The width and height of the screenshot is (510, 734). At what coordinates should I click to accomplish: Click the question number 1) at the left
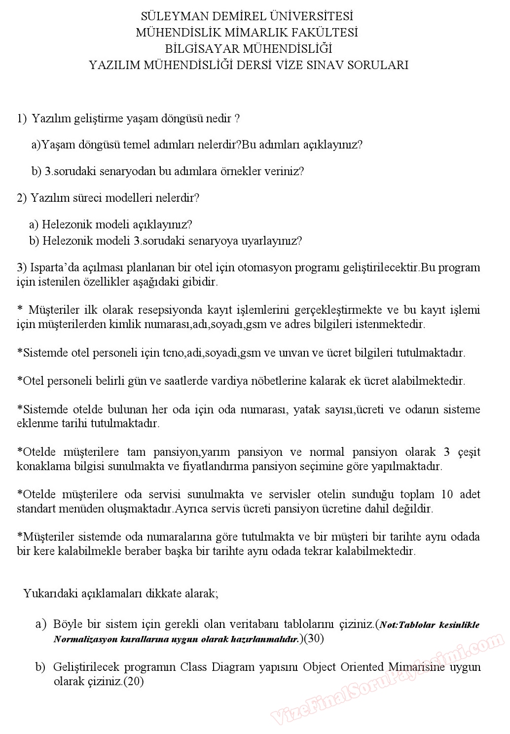point(22,119)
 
